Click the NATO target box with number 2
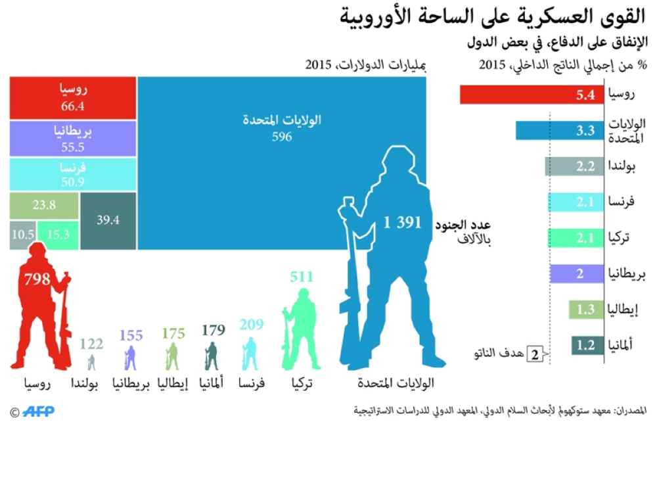(535, 355)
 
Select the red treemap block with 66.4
(72, 97)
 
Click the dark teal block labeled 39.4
(108, 220)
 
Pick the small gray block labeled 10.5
(22, 235)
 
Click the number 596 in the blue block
(281, 137)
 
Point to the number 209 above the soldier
(251, 324)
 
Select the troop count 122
(91, 343)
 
